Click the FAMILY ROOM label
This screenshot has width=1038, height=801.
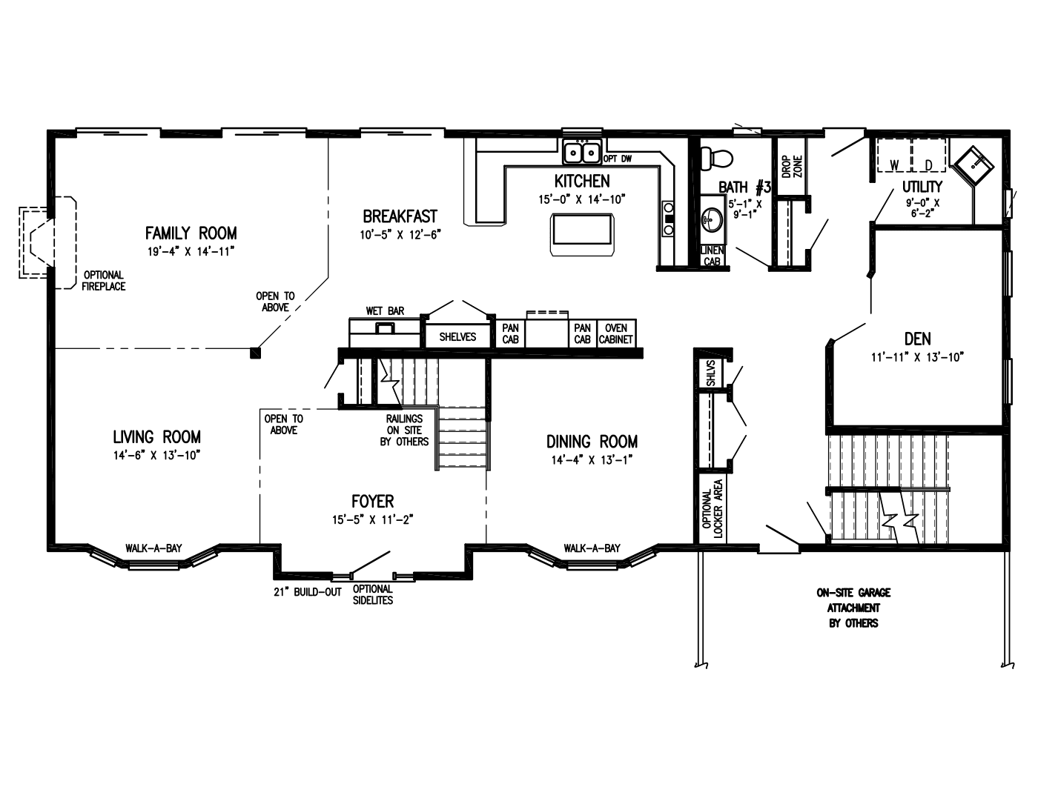click(191, 233)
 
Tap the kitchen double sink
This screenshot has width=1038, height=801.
click(582, 153)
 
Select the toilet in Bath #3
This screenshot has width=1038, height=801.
click(716, 158)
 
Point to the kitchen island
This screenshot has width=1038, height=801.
click(582, 235)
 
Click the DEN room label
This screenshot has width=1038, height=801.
click(918, 339)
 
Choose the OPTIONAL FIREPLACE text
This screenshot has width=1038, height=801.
click(104, 281)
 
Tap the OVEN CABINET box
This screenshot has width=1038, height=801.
click(616, 333)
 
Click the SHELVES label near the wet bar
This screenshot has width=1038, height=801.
click(457, 337)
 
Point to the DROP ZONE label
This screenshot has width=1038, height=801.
click(793, 167)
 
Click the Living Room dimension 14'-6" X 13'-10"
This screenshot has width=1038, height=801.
click(156, 456)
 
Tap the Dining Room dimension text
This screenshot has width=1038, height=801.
click(592, 459)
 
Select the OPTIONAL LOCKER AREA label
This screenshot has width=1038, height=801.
click(713, 508)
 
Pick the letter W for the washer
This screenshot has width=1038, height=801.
click(895, 165)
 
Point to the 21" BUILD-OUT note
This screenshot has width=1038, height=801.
click(308, 592)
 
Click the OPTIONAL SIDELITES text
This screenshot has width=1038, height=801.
click(373, 595)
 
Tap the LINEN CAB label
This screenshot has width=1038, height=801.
click(713, 256)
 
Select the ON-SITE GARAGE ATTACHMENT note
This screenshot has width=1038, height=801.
click(853, 608)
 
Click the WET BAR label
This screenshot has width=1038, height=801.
click(385, 311)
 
